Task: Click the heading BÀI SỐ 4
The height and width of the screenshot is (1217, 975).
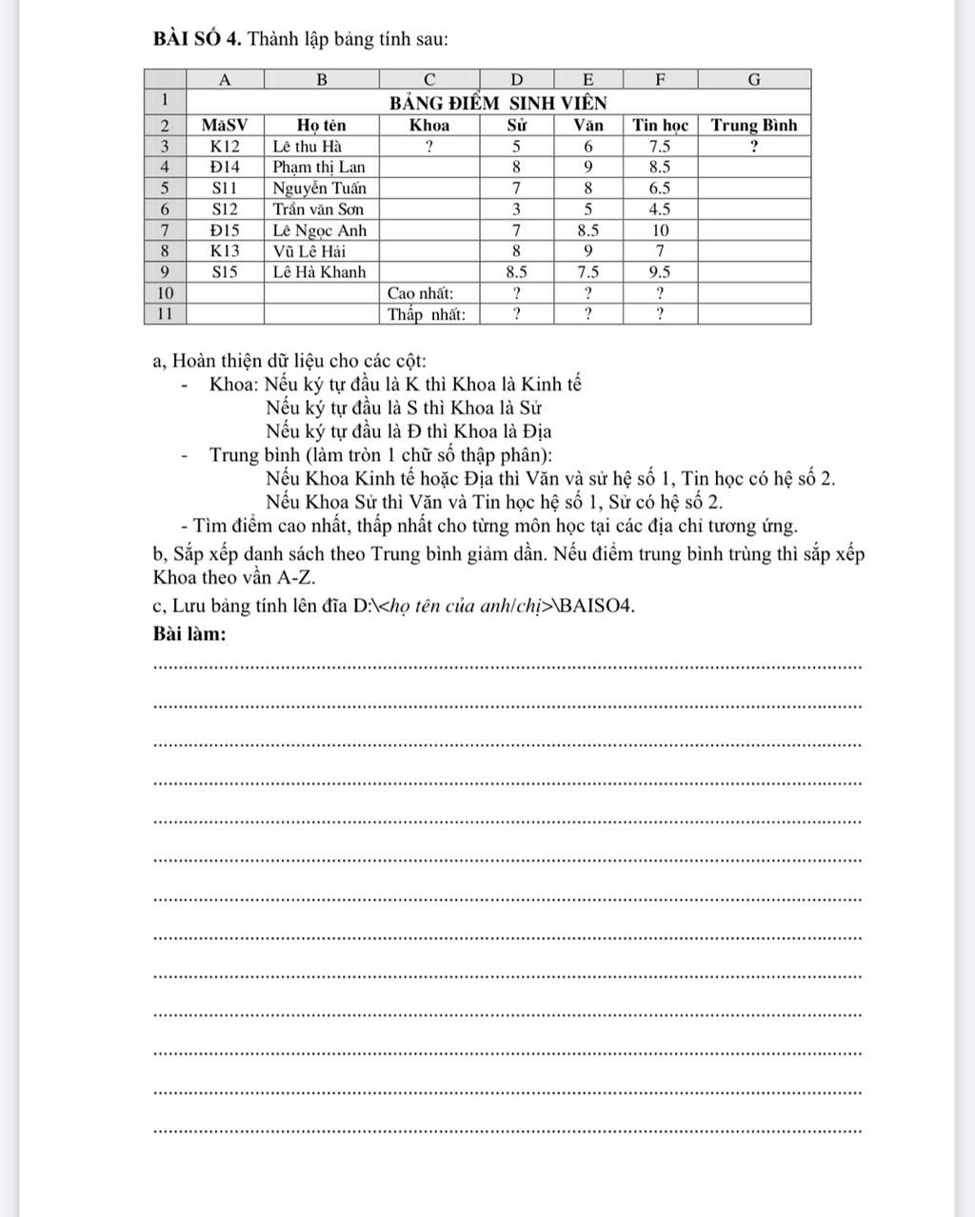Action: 196,39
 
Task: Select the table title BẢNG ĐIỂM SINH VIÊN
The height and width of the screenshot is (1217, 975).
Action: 498,102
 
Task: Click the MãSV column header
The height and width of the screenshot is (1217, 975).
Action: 225,125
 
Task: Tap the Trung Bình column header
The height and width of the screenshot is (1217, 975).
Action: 753,125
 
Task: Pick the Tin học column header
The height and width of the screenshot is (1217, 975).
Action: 660,125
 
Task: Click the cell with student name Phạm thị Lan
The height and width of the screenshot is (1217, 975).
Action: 318,167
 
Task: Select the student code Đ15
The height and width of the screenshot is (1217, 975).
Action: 225,229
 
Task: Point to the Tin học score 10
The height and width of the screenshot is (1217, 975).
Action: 660,229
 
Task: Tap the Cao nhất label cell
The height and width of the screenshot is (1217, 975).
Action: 420,292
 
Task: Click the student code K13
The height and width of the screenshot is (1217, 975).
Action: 225,250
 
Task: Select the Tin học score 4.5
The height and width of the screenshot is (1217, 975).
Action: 660,209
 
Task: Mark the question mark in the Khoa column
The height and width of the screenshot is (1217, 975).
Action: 429,147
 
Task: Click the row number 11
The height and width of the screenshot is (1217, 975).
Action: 165,313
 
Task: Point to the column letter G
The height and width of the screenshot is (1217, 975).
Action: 753,79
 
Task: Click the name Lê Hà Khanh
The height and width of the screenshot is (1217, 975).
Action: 319,271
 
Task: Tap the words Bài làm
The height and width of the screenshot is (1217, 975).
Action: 189,633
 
